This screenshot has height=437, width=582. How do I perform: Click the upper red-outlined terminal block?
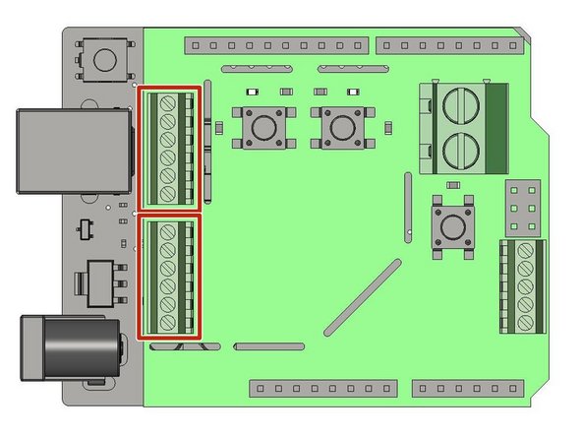(169, 148)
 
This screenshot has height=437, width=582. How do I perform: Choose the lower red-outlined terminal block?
(169, 278)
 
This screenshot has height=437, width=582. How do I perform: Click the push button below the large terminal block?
(452, 225)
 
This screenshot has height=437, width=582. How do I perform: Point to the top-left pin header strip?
(278, 45)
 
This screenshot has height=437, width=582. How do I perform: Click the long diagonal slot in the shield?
(362, 293)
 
